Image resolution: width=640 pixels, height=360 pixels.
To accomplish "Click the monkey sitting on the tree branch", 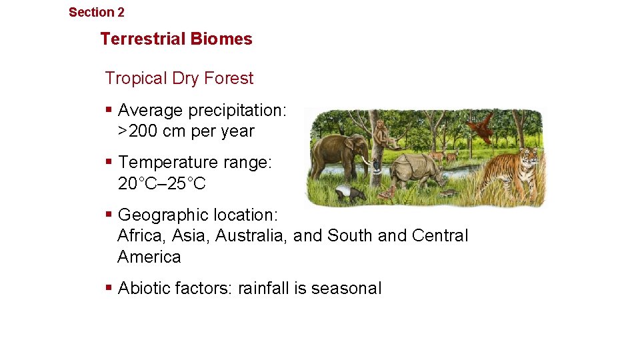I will [384, 133].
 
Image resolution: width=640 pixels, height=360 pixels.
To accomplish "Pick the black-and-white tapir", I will [350, 193].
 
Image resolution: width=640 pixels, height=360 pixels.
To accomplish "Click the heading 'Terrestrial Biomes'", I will [176, 39].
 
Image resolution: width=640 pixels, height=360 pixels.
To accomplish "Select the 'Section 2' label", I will [96, 12].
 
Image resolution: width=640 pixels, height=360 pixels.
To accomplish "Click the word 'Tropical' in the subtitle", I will [135, 78].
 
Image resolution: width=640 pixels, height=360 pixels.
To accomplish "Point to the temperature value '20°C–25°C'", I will [162, 183].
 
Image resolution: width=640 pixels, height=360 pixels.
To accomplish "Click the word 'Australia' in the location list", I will [251, 235].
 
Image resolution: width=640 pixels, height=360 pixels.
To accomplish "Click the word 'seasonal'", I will [346, 288].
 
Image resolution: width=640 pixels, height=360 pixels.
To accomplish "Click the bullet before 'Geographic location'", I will [109, 215].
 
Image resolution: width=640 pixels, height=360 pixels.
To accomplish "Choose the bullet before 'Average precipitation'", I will [109, 109].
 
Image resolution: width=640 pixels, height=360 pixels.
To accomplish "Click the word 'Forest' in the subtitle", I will [229, 78].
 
